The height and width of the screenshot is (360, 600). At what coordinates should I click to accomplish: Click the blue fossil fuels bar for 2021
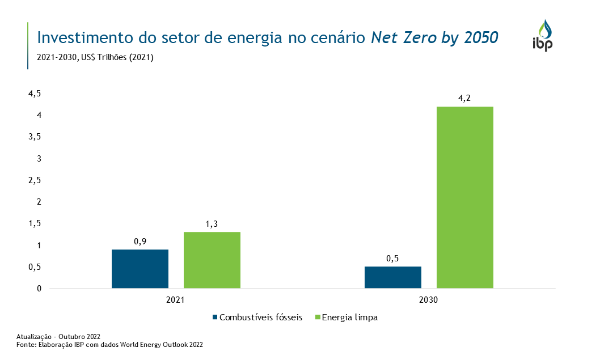[140, 269]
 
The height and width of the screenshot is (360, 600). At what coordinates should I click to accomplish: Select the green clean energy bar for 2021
[212, 260]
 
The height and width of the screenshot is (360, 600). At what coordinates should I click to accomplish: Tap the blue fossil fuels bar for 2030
[392, 277]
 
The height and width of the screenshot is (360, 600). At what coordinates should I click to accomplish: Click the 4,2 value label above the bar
[464, 98]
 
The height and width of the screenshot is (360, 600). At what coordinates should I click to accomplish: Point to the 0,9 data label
[140, 241]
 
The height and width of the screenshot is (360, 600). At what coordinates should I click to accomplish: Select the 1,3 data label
[212, 223]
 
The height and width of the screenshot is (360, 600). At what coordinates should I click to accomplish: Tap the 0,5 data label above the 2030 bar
[392, 258]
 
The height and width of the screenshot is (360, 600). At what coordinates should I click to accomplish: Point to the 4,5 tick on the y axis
[35, 94]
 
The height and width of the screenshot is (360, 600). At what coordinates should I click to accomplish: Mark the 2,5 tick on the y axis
[35, 180]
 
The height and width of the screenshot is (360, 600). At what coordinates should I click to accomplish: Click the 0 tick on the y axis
[39, 289]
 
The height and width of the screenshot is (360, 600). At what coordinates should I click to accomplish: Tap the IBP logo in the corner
[543, 35]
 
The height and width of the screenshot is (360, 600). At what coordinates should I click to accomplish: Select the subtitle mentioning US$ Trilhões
[95, 57]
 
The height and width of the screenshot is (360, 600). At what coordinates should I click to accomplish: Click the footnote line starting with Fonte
[109, 344]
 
